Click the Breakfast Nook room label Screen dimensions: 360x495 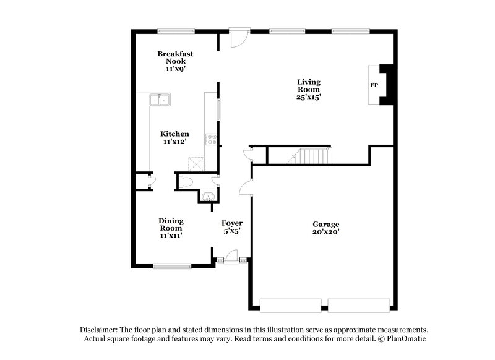(174, 62)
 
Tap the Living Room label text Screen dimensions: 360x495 (309, 90)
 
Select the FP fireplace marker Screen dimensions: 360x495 (374, 85)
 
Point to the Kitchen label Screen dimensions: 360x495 (174, 137)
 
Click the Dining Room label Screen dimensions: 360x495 (170, 228)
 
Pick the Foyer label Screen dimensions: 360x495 (231, 226)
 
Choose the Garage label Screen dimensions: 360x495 (325, 228)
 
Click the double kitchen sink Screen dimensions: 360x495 (160, 100)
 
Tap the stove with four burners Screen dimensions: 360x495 (212, 140)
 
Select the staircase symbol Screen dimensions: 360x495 (309, 156)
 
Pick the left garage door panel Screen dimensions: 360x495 (291, 305)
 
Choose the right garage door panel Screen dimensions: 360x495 (358, 305)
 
